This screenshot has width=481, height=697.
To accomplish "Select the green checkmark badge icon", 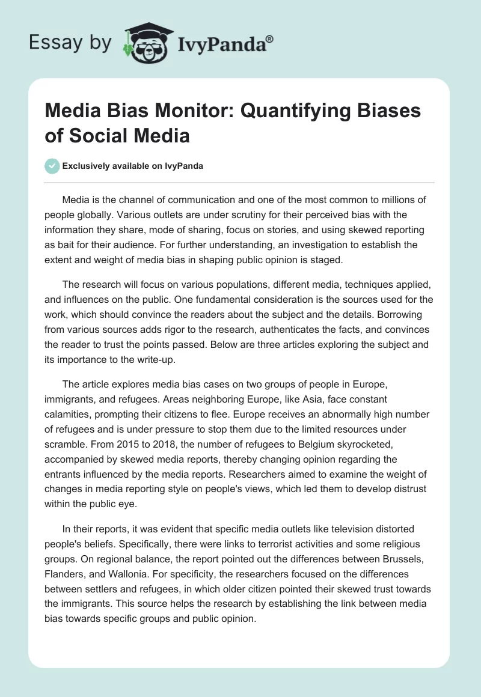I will pos(52,166).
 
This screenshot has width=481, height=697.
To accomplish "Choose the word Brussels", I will pos(403,558).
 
